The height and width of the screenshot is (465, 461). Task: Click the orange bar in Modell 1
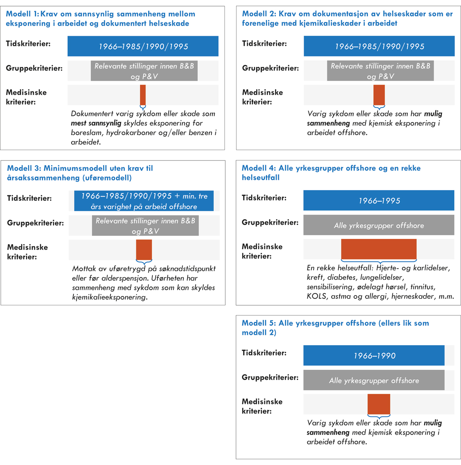tap(143, 94)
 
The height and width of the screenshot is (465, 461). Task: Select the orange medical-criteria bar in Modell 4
tap(379, 249)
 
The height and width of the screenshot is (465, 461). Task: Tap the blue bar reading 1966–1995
tap(379, 200)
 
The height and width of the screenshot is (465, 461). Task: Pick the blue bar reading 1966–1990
tap(374, 356)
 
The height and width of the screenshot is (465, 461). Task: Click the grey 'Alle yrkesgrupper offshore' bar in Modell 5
tap(374, 380)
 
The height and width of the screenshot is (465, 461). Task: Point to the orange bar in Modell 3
tap(144, 250)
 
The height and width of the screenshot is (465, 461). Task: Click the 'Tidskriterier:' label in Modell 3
tap(29, 198)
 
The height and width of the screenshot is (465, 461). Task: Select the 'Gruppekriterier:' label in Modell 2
tap(270, 68)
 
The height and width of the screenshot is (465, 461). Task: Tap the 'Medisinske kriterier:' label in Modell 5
tap(262, 406)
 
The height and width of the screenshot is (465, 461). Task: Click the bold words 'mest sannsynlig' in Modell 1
tap(96, 123)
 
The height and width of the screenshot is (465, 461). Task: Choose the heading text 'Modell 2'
tap(259, 14)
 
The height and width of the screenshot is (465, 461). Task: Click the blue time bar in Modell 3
tap(144, 201)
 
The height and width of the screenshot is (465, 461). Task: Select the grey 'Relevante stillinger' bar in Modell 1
tap(144, 71)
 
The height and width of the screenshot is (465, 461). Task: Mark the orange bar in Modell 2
tap(379, 94)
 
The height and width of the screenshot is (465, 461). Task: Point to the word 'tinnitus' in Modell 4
tap(423, 287)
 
